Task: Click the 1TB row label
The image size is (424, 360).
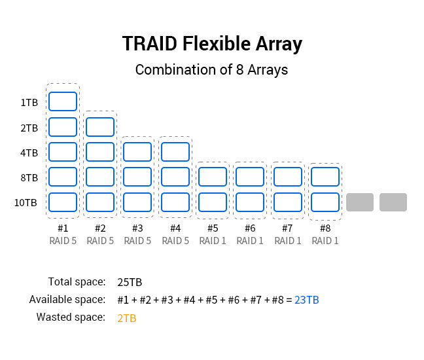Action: point(29,103)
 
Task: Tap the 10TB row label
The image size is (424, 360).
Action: point(26,203)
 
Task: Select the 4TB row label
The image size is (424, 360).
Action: point(29,153)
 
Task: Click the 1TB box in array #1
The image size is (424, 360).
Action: point(63,101)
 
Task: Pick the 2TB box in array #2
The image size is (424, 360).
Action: point(100,127)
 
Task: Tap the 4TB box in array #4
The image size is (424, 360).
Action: point(175,152)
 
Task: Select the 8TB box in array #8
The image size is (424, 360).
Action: point(325,177)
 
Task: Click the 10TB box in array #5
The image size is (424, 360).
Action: point(213,202)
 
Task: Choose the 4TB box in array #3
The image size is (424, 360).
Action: point(137,152)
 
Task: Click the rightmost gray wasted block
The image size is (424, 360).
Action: point(393,202)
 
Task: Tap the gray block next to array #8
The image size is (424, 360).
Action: point(360,202)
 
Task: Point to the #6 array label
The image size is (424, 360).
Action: point(250,228)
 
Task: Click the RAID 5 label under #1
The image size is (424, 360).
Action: point(63,241)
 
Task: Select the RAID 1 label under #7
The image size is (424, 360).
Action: point(288,241)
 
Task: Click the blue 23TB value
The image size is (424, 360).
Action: point(307,300)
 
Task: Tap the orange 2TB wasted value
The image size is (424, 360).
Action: point(127,318)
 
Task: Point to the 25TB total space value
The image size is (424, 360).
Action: point(130,282)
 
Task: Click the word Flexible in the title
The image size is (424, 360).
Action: point(217,44)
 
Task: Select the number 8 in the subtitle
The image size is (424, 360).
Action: point(240,69)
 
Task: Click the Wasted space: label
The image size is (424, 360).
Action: point(71,317)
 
